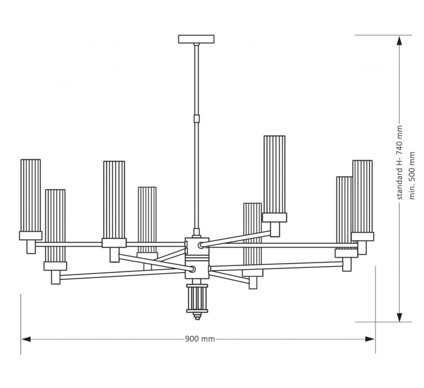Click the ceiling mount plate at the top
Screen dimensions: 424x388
[196, 39]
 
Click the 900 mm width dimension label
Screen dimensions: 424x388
[200, 339]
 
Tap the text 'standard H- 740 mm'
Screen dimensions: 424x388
[399, 163]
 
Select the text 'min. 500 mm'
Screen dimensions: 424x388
[412, 176]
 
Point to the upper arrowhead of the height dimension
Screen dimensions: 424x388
[399, 41]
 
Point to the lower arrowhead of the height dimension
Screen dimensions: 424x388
[399, 317]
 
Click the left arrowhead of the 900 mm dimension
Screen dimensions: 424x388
[26, 339]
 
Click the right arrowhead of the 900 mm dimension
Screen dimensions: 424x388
[370, 339]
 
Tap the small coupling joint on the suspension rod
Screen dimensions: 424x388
[196, 118]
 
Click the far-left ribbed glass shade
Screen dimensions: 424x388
[31, 195]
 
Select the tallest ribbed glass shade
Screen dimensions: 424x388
[274, 175]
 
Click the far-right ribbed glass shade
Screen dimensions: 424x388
[362, 196]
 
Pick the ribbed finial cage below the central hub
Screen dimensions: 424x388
[197, 298]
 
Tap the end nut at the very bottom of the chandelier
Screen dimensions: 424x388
[197, 316]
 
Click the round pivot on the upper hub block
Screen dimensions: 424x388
[201, 246]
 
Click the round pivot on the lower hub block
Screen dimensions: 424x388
[192, 269]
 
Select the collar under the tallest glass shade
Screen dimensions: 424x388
[274, 218]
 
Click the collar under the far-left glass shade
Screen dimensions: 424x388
[31, 236]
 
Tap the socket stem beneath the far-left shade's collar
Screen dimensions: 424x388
[31, 247]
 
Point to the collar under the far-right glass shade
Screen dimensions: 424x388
[362, 237]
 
